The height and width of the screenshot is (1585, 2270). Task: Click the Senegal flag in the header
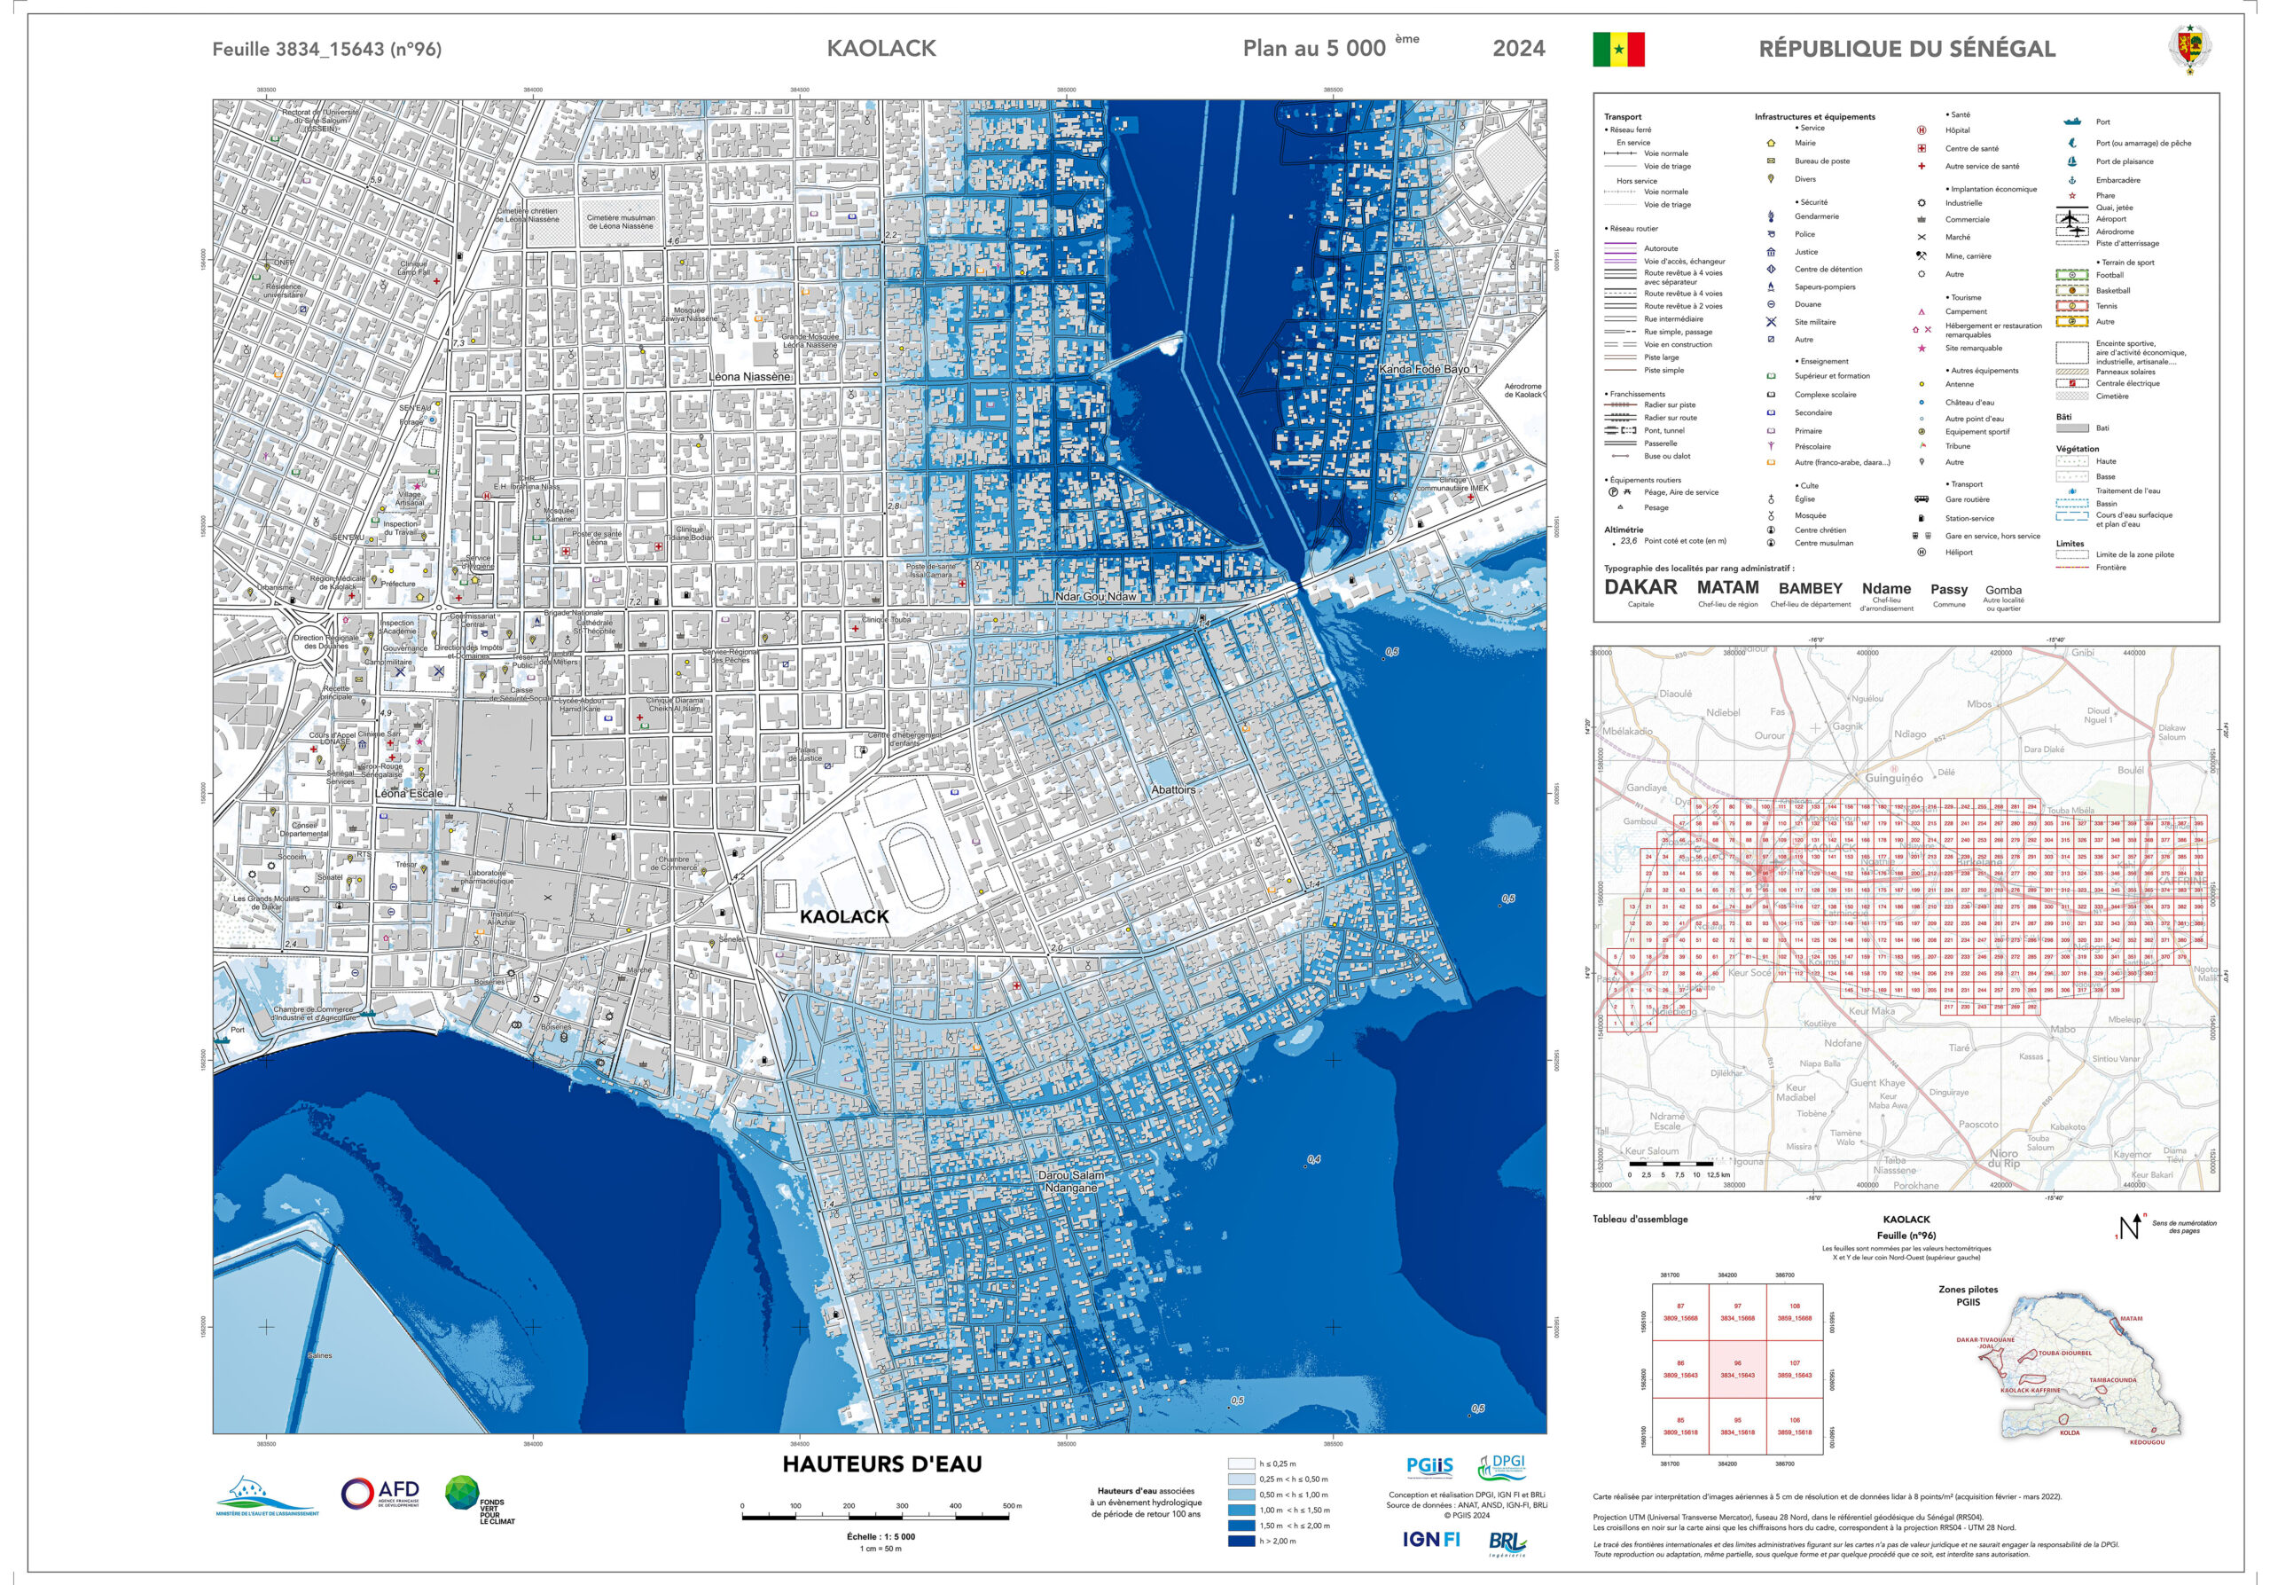[x=1617, y=49]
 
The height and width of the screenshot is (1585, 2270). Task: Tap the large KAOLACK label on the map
[x=844, y=916]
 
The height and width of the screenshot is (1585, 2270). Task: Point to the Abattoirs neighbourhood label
[x=1173, y=790]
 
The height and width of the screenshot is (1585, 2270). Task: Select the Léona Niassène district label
[x=749, y=377]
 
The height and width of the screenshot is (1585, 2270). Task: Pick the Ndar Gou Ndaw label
[x=1095, y=596]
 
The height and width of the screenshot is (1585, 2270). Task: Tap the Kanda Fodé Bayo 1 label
[x=1429, y=369]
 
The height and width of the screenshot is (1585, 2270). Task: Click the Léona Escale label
[x=408, y=793]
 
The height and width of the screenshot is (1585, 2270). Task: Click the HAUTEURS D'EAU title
[x=882, y=1464]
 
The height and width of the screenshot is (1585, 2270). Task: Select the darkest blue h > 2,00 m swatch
[x=1241, y=1541]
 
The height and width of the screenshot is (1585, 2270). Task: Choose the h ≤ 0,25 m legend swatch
[x=1241, y=1463]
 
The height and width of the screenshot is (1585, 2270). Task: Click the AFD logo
[x=380, y=1493]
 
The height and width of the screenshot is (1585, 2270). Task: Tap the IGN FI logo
[x=1430, y=1539]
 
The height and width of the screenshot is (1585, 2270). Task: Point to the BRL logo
[x=1507, y=1542]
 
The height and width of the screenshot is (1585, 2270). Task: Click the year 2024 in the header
[x=1519, y=49]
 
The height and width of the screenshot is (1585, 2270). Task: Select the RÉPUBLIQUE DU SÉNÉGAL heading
[x=1906, y=49]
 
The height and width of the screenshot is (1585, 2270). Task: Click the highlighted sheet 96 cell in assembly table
[x=1737, y=1369]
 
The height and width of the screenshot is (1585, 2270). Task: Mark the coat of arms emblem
[x=2190, y=48]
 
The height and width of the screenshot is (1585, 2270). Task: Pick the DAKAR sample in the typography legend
[x=1640, y=587]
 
